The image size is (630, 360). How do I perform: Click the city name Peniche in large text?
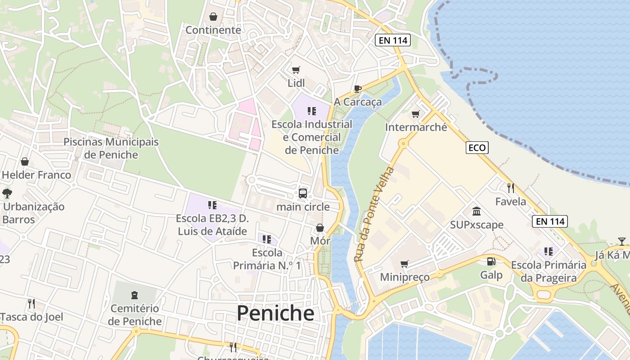tap(275, 313)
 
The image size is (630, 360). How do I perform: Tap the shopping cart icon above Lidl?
tap(296, 70)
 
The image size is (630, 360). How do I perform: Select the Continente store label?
tap(213, 30)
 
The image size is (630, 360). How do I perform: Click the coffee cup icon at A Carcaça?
tap(358, 89)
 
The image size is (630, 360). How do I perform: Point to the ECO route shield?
tap(477, 148)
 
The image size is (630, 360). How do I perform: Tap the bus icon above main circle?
tap(303, 193)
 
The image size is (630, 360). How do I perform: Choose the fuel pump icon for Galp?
tap(491, 261)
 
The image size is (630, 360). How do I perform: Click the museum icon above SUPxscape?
tap(477, 211)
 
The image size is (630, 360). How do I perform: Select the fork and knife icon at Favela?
tap(510, 188)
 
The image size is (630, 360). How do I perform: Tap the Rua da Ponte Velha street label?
tap(373, 215)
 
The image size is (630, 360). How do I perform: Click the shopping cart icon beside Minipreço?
tap(405, 264)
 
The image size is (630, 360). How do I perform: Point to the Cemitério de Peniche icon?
tap(134, 295)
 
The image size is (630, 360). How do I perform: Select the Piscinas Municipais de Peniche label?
tap(111, 148)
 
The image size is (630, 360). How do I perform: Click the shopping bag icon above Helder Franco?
tap(25, 162)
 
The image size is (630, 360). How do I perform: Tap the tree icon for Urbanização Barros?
tap(7, 193)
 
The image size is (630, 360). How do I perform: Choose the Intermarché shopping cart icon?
tap(416, 114)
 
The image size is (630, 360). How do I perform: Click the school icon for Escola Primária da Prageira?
tap(548, 251)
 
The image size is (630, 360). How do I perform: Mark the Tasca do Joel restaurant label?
tap(32, 316)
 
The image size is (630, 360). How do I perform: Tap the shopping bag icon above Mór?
tap(320, 228)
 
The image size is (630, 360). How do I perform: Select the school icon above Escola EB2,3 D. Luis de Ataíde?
tap(212, 205)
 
